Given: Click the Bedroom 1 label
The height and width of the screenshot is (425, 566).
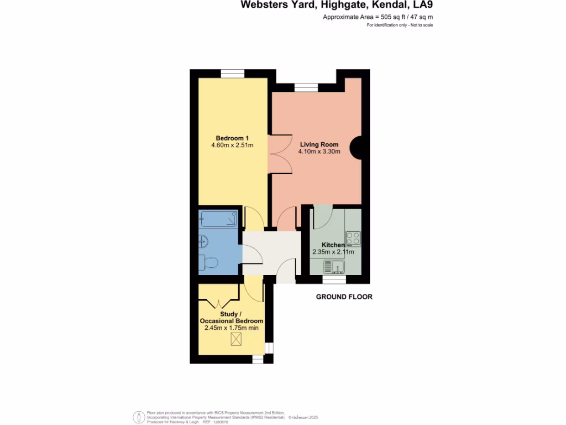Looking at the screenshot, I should click(232, 138).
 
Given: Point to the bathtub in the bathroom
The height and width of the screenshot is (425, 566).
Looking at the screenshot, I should click(219, 219).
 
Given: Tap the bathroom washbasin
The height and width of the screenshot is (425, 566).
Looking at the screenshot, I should click(203, 240).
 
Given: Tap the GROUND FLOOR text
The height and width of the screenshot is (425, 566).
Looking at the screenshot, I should click(344, 297).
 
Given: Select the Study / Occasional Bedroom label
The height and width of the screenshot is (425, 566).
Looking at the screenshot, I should click(231, 318).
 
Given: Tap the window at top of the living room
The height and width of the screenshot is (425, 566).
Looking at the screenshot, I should click(306, 87).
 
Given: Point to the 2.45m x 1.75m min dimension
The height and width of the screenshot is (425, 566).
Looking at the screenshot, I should click(231, 328).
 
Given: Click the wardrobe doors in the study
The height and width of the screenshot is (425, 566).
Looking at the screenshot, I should click(219, 303).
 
